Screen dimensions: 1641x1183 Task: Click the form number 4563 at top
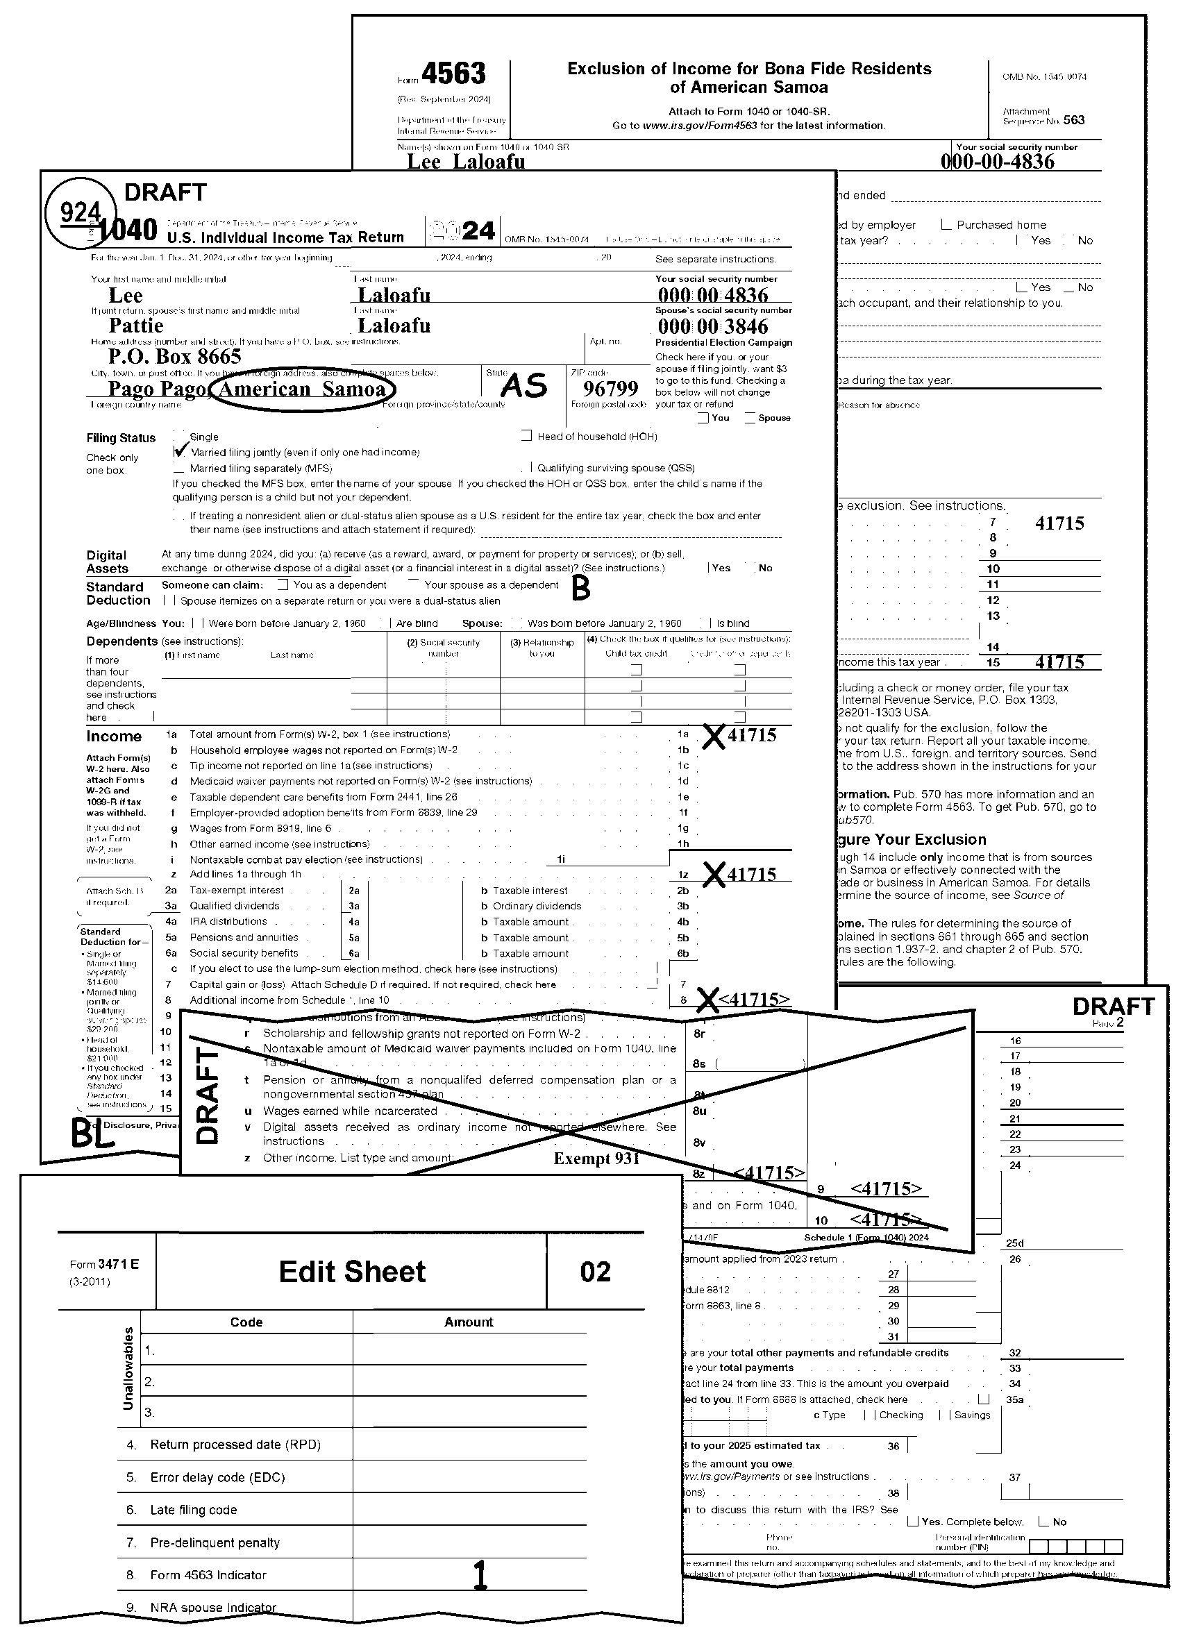coord(453,74)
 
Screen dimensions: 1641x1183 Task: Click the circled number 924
coord(80,212)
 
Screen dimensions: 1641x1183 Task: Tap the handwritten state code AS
coord(524,386)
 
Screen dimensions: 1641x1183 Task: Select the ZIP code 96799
coord(610,389)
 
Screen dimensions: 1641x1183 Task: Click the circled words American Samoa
coord(302,389)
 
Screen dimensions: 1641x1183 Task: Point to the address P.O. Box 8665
coord(174,356)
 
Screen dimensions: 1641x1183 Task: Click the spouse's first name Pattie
coord(136,326)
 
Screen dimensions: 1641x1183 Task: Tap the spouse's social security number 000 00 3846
coord(713,326)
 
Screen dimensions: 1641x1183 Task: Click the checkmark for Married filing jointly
coord(181,451)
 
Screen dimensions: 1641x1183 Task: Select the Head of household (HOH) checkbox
coord(526,437)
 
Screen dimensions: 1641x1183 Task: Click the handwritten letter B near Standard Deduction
coord(581,589)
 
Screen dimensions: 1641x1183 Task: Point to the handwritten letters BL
coord(91,1134)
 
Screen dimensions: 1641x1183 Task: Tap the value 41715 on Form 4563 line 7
coord(1059,523)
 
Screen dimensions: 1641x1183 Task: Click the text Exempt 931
coord(596,1159)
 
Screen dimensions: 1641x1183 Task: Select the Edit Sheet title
coord(353,1272)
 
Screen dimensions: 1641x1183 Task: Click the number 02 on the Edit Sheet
coord(596,1272)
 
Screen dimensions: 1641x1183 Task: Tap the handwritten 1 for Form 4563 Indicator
coord(479,1575)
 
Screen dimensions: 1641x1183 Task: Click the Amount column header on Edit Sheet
coord(469,1322)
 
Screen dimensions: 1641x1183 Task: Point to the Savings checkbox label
coord(972,1415)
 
